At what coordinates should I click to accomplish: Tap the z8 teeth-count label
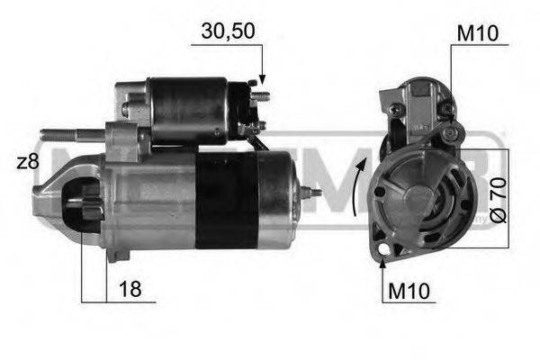[x=28, y=162]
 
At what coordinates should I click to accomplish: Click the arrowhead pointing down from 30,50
[x=262, y=82]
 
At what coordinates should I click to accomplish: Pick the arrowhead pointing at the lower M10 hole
[x=384, y=263]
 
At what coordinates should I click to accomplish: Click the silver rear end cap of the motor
[x=277, y=198]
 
